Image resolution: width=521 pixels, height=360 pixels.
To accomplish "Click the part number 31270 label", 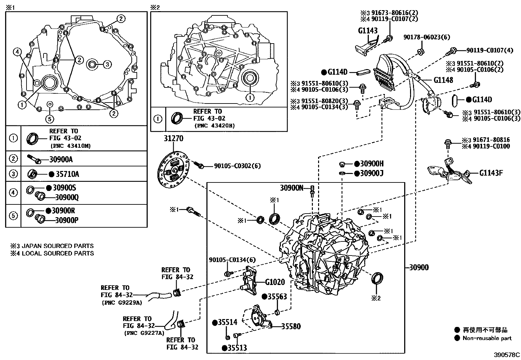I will (173, 139).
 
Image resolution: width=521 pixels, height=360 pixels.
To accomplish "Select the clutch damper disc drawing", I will (173, 170).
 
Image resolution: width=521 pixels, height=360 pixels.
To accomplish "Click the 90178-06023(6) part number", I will (426, 37).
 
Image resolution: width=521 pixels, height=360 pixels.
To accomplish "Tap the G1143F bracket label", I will (491, 173).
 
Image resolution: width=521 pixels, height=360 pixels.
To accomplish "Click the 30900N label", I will (292, 188).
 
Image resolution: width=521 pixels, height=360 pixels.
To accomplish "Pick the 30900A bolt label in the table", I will (61, 160).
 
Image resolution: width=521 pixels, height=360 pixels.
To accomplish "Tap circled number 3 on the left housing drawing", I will (107, 65).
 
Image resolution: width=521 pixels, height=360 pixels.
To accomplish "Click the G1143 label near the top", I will (368, 31).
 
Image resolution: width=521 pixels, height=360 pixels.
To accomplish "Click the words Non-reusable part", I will (487, 338).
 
